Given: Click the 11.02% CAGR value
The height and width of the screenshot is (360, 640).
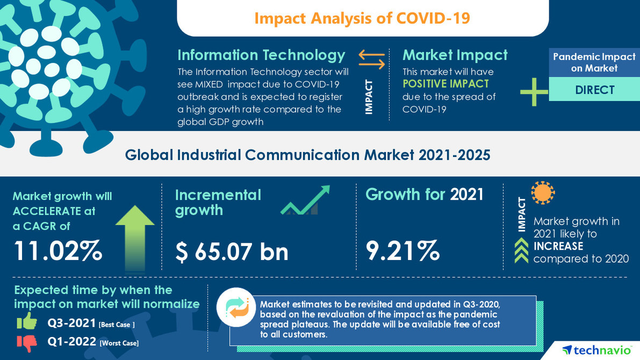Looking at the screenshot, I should [x=57, y=251].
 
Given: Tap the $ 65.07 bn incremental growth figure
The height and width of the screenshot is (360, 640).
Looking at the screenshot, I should [x=232, y=251].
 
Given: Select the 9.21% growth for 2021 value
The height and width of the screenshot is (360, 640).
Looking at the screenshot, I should [x=402, y=250].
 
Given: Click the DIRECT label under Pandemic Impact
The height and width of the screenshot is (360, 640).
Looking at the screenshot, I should [x=594, y=90].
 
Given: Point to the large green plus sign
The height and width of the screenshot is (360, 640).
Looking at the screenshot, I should [x=534, y=91].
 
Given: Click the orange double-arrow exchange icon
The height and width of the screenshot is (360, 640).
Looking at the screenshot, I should [x=372, y=59].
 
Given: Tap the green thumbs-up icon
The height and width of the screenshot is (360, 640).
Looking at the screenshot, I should [x=27, y=321].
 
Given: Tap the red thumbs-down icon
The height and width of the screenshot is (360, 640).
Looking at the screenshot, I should [x=27, y=342].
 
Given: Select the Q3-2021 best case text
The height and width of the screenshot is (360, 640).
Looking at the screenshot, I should [x=91, y=323].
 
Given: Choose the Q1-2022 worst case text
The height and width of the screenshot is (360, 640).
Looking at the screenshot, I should [x=92, y=342].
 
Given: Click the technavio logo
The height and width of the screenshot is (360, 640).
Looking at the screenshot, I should [x=596, y=350].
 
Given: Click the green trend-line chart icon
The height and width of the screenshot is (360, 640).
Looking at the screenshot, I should [x=305, y=201].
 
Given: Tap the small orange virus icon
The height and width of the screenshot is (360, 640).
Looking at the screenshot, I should [x=543, y=193].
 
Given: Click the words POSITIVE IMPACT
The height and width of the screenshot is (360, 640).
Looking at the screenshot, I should [x=445, y=84].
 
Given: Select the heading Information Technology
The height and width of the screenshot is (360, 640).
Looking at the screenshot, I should [x=261, y=55].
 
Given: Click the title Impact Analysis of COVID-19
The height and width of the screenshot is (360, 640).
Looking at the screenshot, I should [x=362, y=18].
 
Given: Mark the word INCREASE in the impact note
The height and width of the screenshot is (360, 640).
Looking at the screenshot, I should [x=558, y=246].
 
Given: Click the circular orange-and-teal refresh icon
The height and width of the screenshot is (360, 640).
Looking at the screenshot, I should [x=236, y=307].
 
